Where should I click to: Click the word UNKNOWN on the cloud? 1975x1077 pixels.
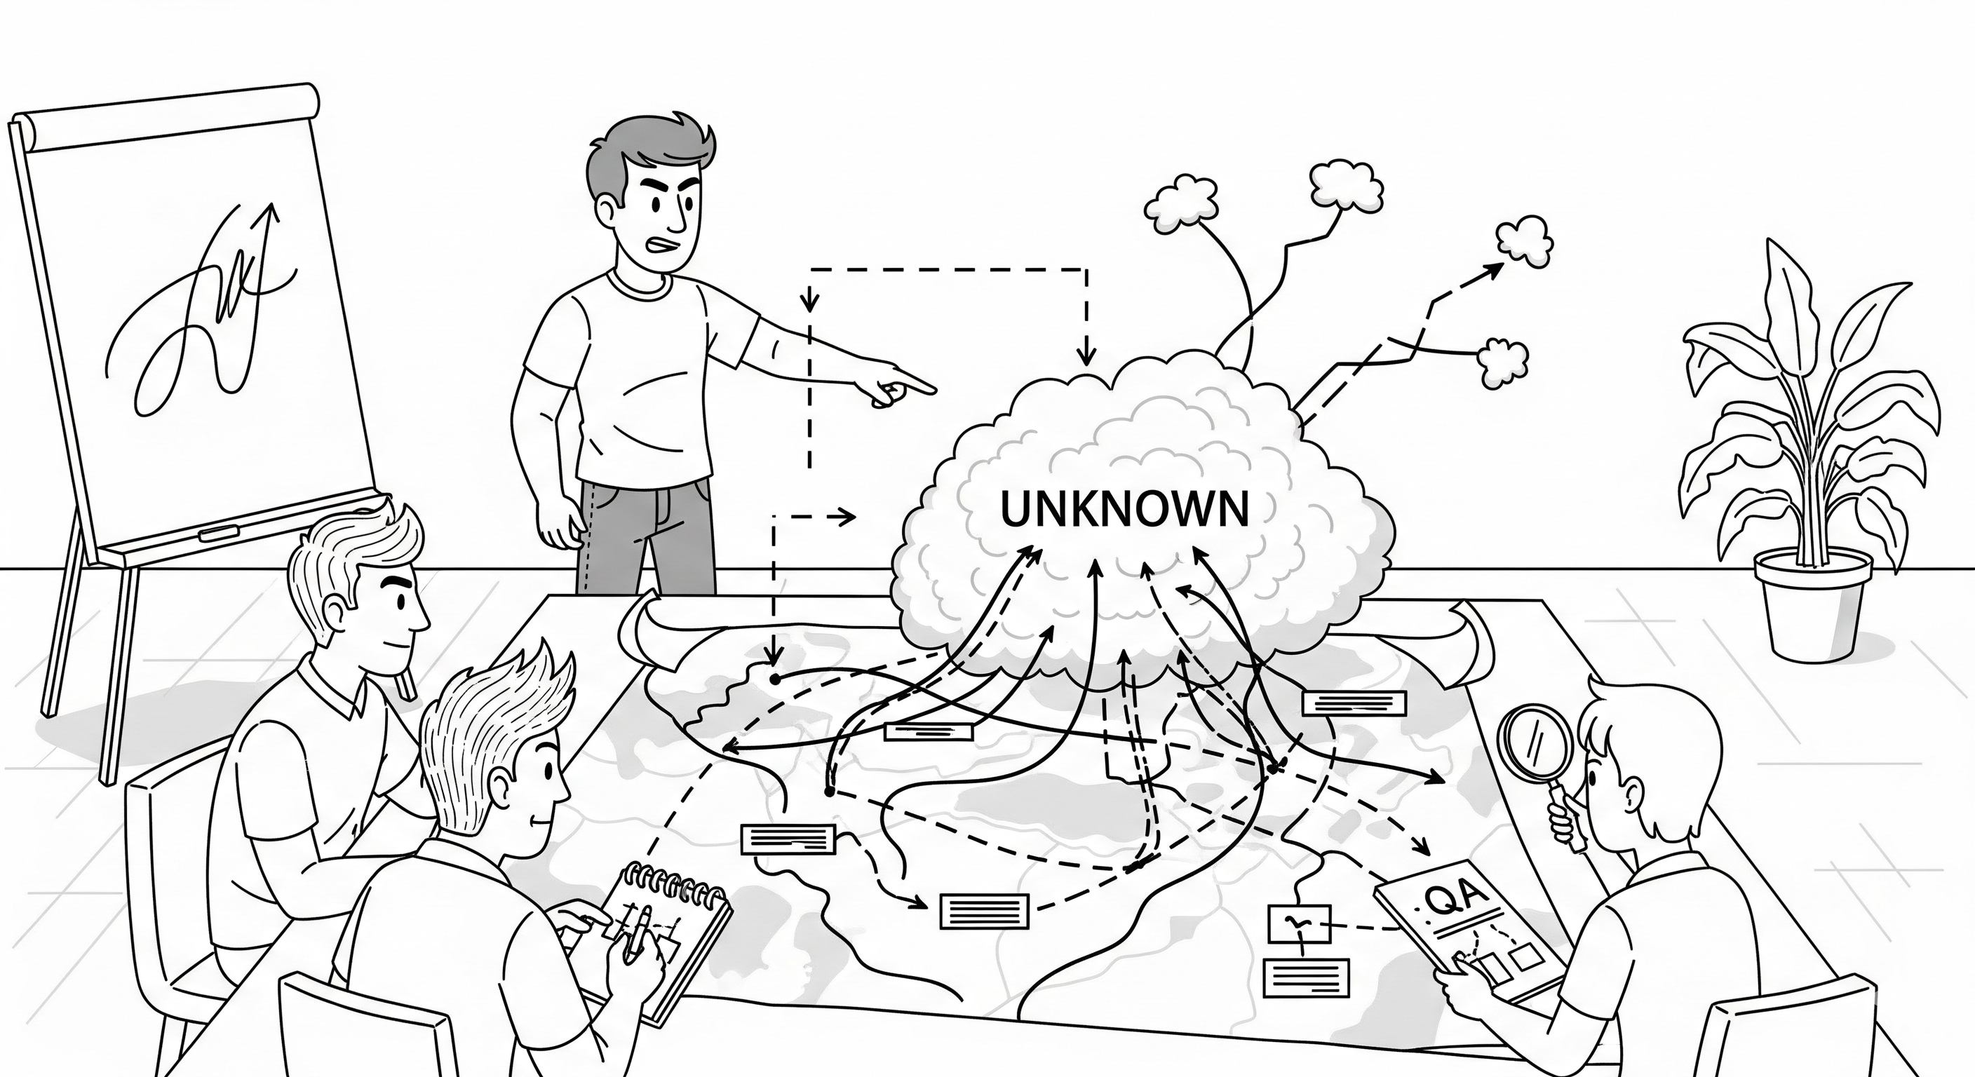coord(1125,509)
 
